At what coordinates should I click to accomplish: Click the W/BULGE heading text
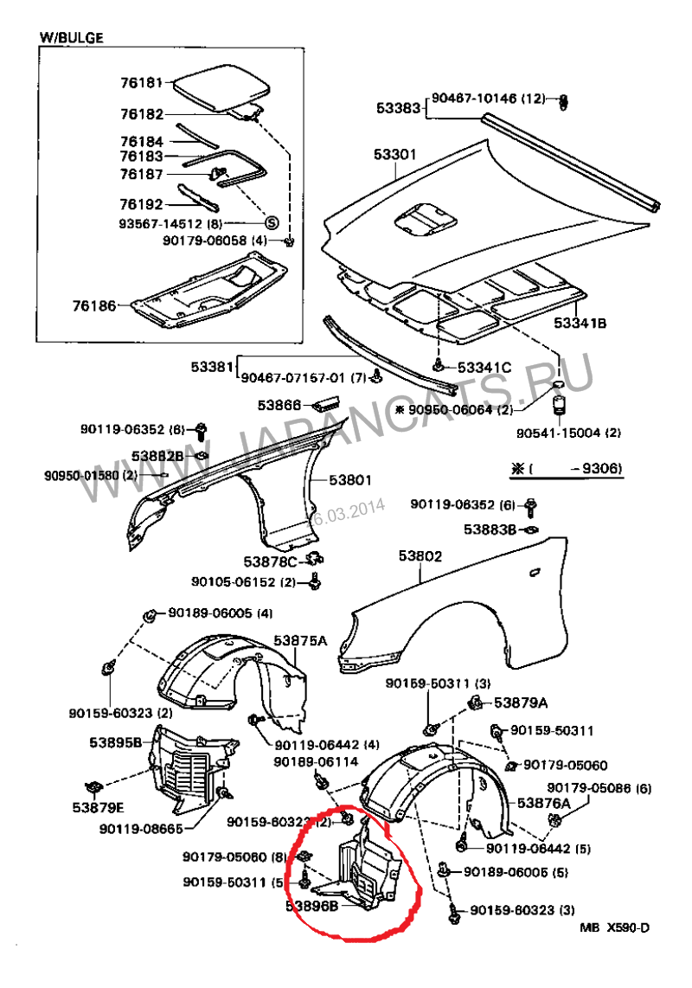pos(72,38)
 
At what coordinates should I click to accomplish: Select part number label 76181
pos(142,84)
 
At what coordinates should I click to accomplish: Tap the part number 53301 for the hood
pos(395,155)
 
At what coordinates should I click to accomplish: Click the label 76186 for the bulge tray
pos(93,305)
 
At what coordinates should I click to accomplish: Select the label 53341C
pos(484,368)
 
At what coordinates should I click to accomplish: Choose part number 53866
pos(279,405)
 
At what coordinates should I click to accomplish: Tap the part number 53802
pos(420,556)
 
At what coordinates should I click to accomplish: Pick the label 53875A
pos(301,641)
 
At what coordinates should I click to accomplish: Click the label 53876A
pos(544,804)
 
